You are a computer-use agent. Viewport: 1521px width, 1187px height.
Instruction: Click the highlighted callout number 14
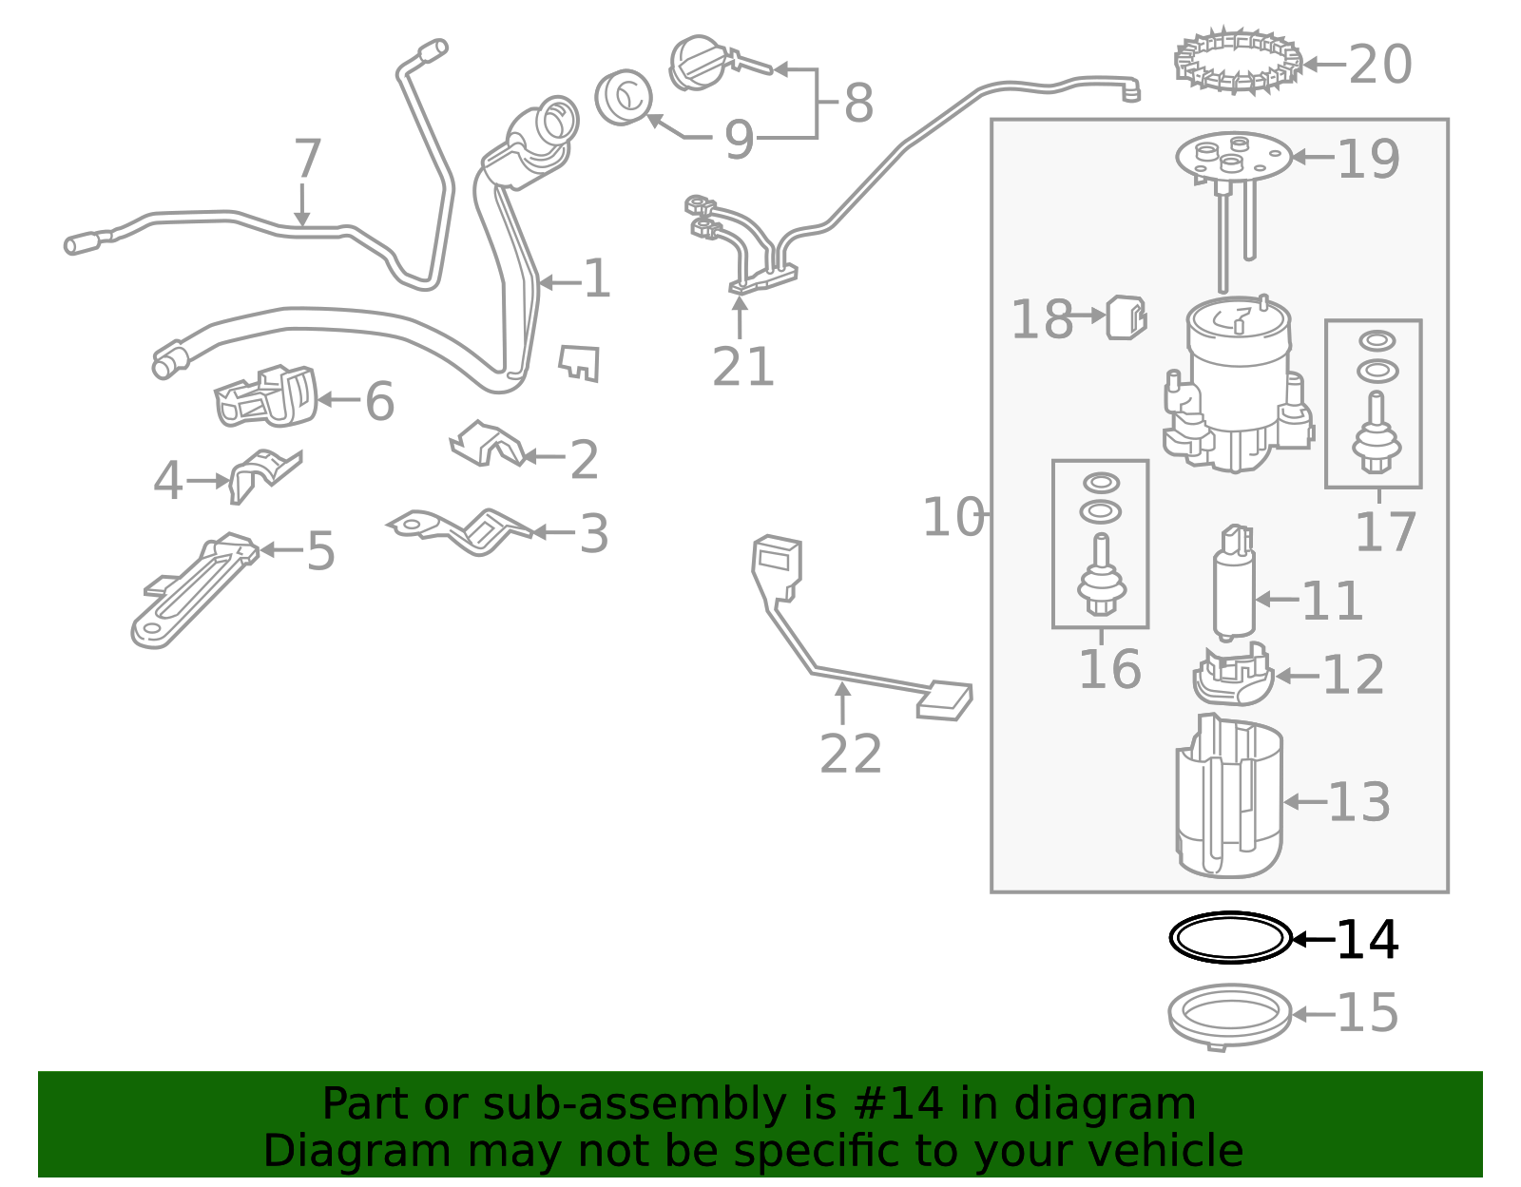(x=1367, y=940)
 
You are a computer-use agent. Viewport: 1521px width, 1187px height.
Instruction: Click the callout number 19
(x=1368, y=159)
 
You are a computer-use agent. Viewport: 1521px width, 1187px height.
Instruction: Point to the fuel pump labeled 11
(x=1234, y=582)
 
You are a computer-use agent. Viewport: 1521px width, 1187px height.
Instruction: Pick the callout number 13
(x=1358, y=802)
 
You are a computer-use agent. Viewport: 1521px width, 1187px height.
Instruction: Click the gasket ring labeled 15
(x=1230, y=1016)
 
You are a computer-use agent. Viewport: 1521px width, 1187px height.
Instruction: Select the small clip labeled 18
(x=1126, y=316)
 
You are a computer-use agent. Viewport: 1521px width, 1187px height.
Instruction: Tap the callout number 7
(x=307, y=159)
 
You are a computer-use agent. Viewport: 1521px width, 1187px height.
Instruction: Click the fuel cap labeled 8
(x=701, y=63)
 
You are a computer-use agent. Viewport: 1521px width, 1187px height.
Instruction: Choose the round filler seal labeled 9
(x=624, y=97)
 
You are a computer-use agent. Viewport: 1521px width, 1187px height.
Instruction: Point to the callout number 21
(x=743, y=367)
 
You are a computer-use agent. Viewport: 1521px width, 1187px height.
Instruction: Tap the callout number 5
(x=320, y=551)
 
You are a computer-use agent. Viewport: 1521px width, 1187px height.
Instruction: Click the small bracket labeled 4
(x=263, y=472)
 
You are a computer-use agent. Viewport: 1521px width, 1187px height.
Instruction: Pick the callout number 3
(x=593, y=534)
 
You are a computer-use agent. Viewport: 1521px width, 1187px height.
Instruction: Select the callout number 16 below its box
(x=1109, y=669)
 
